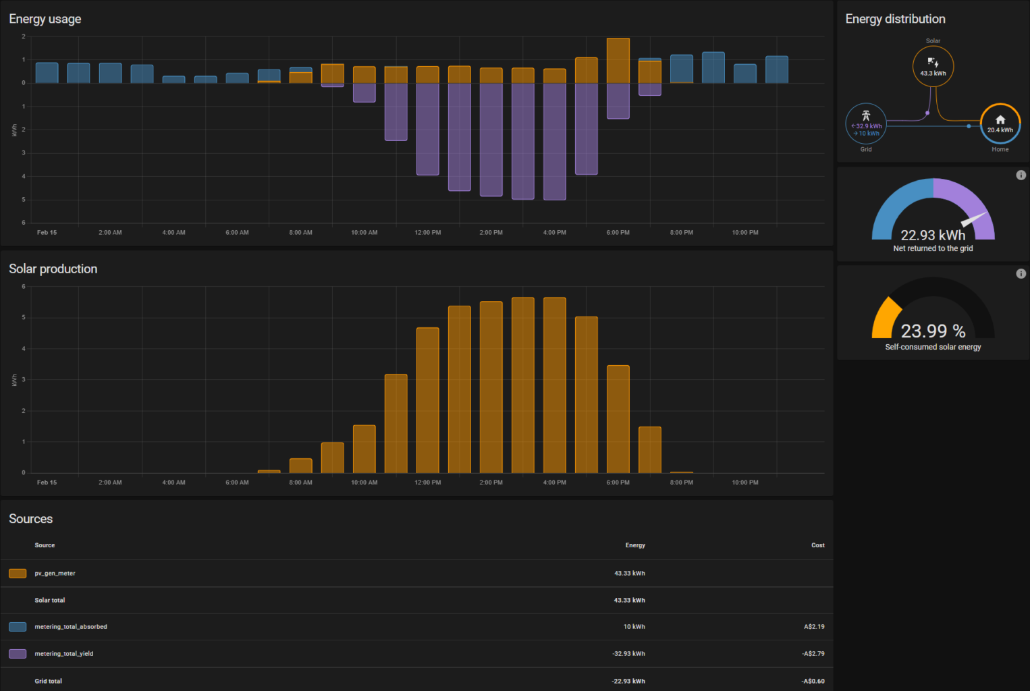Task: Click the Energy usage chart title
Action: click(45, 19)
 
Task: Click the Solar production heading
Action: click(53, 269)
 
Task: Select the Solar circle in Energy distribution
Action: click(933, 66)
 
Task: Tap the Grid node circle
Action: click(866, 123)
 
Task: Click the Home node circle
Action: click(1000, 123)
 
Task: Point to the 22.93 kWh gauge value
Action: click(933, 235)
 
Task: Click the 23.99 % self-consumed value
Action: click(933, 331)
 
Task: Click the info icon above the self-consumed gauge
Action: click(1021, 273)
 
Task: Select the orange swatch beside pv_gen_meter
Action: click(18, 574)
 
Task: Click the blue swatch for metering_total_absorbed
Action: click(18, 627)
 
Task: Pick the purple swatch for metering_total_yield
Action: click(18, 654)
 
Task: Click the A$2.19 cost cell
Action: click(814, 627)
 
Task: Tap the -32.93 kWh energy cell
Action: click(628, 654)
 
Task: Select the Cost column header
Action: click(817, 545)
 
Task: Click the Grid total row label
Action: click(49, 681)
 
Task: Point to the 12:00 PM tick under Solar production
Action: click(428, 482)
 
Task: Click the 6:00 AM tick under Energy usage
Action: click(237, 233)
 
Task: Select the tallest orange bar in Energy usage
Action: click(618, 61)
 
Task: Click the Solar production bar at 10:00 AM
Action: click(364, 449)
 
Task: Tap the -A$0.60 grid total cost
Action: click(813, 681)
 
